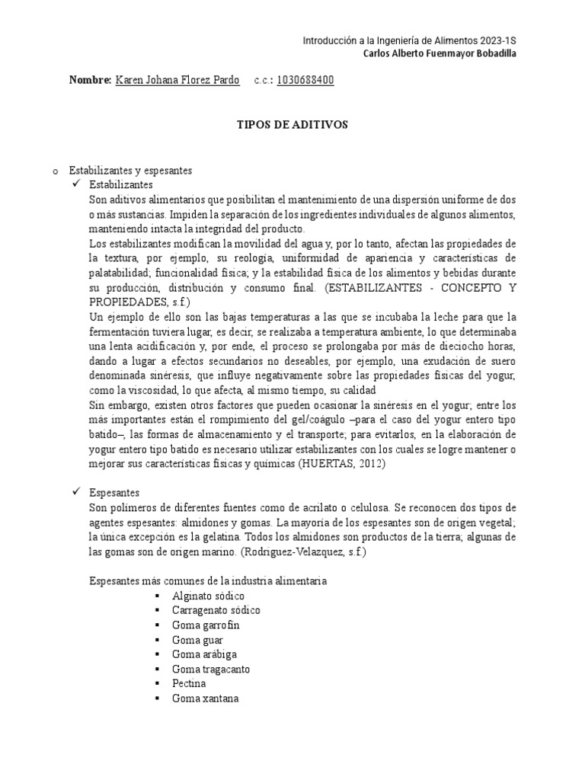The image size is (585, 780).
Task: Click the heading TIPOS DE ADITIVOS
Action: click(x=292, y=124)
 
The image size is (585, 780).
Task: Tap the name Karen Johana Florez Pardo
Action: click(x=177, y=80)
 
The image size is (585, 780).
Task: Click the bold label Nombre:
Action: click(x=90, y=80)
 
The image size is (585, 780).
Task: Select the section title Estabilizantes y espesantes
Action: click(x=130, y=171)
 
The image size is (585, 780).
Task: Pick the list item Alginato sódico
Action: click(x=208, y=596)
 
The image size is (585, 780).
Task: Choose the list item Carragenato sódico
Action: click(x=216, y=610)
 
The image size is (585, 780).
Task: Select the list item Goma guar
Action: click(x=193, y=640)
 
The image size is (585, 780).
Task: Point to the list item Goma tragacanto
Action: click(x=211, y=669)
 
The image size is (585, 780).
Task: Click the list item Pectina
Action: click(x=190, y=683)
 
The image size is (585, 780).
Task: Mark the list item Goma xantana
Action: click(x=206, y=698)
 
